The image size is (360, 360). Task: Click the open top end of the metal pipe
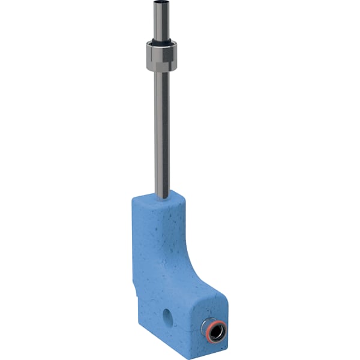160,5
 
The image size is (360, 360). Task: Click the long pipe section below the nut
161,132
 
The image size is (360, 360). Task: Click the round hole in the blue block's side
167,314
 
